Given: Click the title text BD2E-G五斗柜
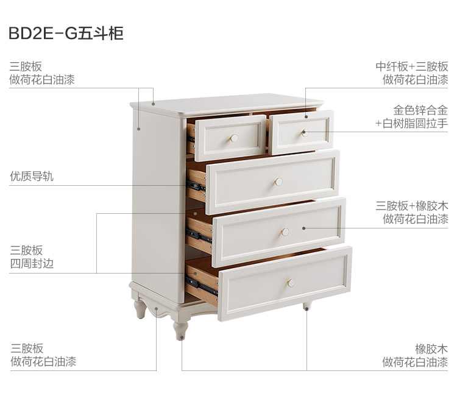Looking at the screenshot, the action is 66,34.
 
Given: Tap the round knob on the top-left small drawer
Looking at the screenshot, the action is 234,138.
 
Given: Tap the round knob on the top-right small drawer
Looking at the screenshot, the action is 305,132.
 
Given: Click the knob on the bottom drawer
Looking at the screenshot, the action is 291,283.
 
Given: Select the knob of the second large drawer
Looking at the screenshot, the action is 285,232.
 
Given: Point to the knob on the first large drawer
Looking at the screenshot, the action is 278,181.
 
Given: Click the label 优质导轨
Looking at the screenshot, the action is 32,177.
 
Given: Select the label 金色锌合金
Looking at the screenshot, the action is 420,110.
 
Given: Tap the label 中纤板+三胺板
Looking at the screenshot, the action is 411,66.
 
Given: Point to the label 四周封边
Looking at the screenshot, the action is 32,264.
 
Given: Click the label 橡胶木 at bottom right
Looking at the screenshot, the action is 431,348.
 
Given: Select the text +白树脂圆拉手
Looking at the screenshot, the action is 411,124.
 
